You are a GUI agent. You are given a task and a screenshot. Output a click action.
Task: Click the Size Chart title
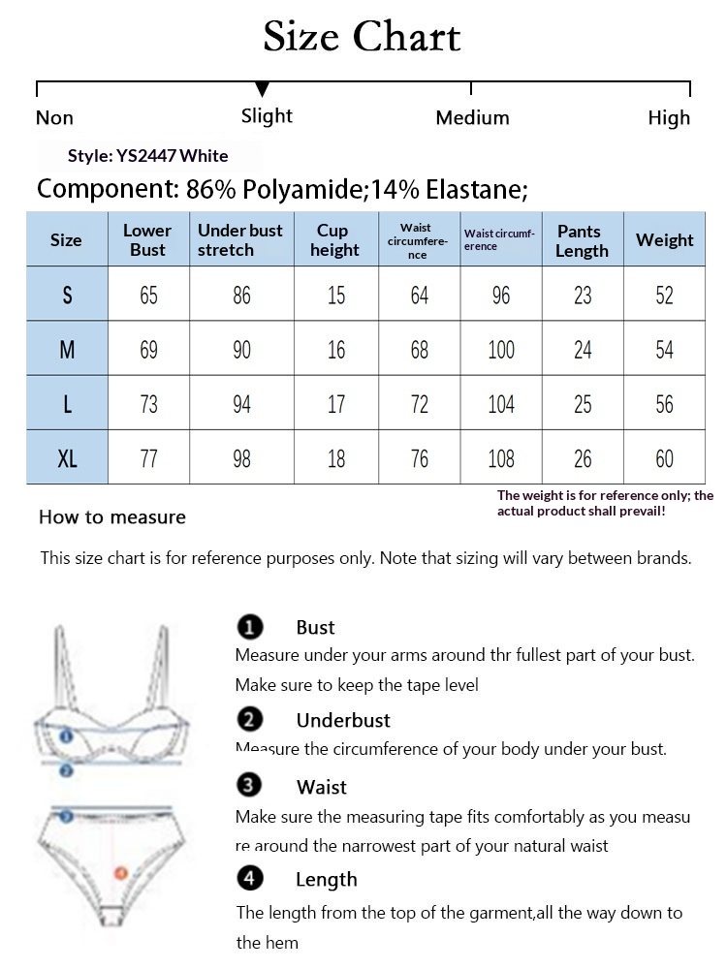362,38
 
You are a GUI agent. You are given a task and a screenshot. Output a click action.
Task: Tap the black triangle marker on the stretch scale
262,90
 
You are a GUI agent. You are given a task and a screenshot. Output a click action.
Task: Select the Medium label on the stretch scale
472,118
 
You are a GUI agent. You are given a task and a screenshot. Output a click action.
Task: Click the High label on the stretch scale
669,118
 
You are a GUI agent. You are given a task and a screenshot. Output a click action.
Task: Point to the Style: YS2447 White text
147,156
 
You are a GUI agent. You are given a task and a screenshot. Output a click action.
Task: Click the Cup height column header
335,240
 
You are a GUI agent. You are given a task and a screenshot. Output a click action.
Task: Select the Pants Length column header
582,240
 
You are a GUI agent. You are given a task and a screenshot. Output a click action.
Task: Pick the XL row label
67,457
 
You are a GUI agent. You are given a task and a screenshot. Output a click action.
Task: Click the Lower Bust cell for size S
148,295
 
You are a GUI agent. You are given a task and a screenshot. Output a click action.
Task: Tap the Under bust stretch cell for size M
241,349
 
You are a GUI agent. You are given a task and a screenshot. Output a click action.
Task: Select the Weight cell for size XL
664,457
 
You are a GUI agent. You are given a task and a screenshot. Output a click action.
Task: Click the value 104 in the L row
501,403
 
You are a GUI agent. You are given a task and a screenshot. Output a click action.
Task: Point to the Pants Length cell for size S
582,295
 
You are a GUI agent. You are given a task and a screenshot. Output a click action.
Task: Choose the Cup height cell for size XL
335,457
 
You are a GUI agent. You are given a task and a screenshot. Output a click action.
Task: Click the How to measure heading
112,517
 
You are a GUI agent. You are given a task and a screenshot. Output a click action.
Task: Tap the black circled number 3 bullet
250,786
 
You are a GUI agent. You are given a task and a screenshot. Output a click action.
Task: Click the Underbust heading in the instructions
343,721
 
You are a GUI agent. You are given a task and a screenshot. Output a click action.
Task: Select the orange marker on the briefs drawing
121,873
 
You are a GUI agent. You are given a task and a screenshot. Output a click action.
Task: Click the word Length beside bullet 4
327,880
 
